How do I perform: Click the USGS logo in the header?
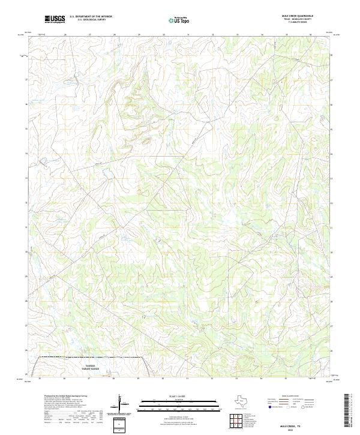tap(55, 19)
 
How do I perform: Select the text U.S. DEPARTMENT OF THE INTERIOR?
tap(91, 17)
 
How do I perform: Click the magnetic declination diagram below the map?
tap(122, 405)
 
